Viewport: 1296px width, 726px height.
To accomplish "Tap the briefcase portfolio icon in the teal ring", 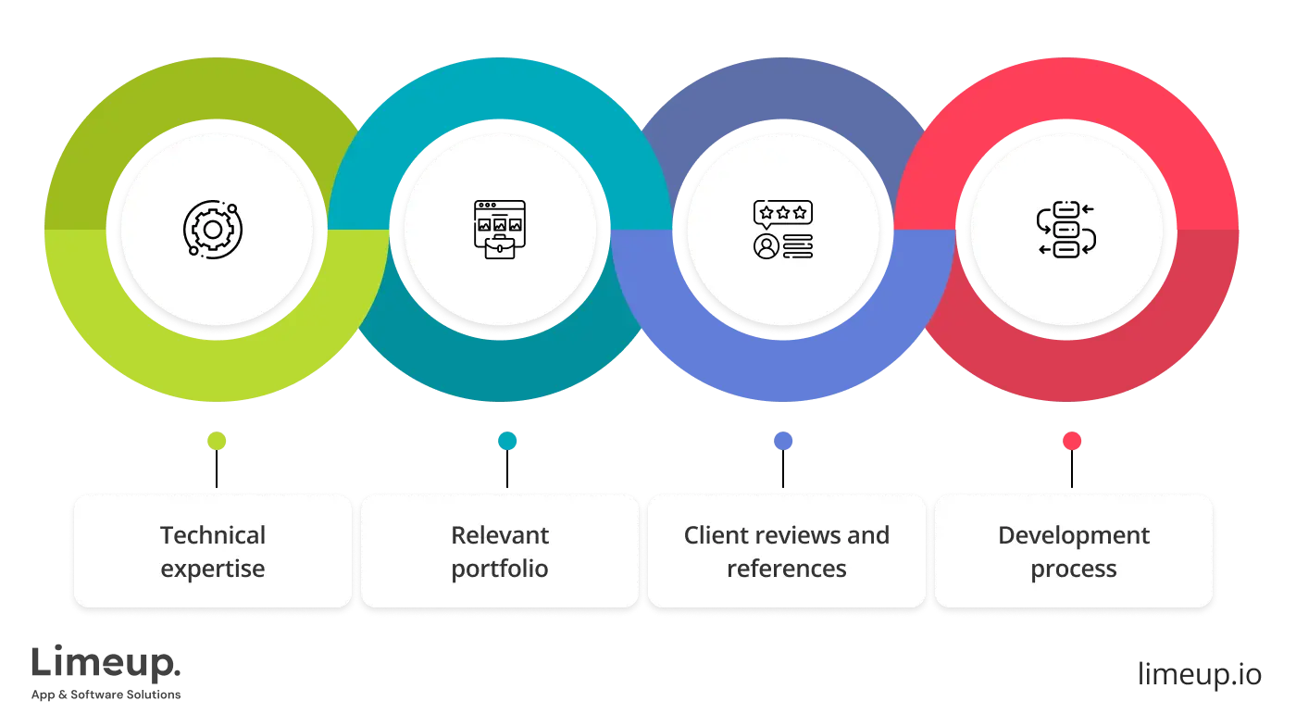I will tap(499, 229).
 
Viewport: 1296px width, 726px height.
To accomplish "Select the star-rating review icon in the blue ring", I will tap(783, 229).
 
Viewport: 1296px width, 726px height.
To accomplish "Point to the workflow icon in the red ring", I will tap(1065, 229).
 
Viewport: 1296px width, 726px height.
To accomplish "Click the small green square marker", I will tap(217, 442).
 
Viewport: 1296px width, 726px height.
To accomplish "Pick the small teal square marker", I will tap(507, 442).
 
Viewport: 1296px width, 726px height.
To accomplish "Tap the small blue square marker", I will tap(783, 442).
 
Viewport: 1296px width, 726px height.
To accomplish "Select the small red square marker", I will tap(1072, 442).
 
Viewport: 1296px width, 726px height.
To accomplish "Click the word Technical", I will tap(213, 535).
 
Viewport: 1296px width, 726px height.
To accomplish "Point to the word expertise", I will tap(213, 568).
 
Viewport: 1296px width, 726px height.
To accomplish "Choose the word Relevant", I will tap(500, 535).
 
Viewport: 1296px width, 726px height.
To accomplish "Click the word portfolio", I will tap(500, 568).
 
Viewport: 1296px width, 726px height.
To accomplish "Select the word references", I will tap(787, 568).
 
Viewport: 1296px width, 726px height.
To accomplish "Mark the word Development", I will tap(1074, 535).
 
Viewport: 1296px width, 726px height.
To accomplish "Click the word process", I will tap(1074, 568).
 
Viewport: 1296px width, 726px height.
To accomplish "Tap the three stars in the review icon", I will tap(783, 213).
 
